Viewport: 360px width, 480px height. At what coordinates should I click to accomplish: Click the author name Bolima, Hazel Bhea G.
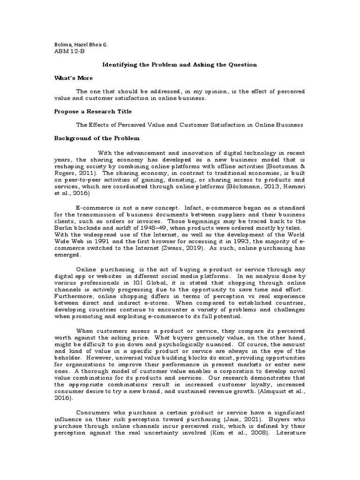click(81, 45)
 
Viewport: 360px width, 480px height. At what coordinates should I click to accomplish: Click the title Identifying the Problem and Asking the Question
click(180, 65)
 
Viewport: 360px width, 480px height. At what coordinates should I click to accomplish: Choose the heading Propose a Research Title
click(93, 112)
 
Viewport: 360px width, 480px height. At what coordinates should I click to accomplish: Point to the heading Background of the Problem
click(97, 139)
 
